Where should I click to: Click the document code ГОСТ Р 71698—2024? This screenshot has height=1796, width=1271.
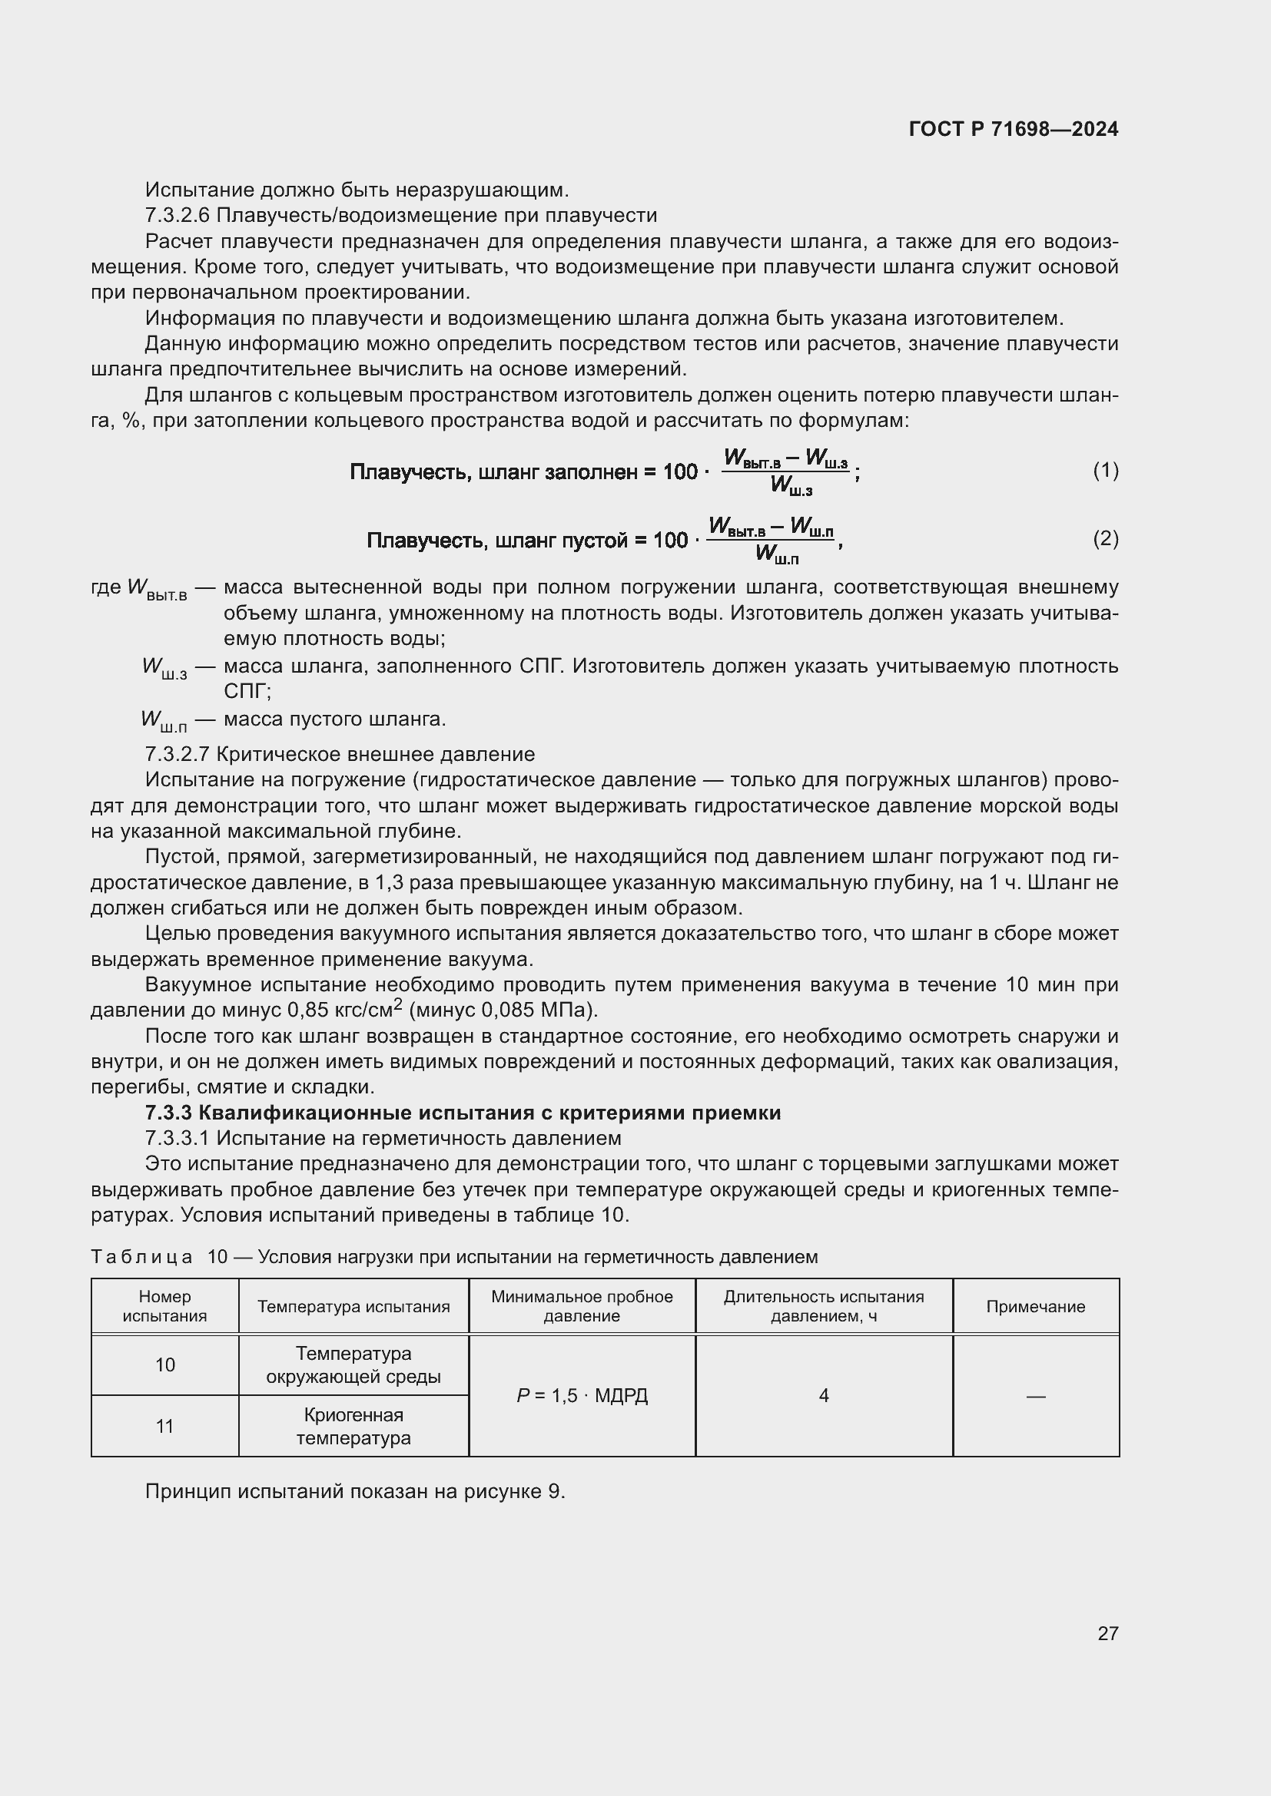coord(1013,129)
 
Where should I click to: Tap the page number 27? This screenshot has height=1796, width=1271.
coord(1107,1633)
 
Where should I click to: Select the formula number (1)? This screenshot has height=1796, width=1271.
coord(1105,470)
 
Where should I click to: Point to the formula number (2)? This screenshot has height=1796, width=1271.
coord(1105,538)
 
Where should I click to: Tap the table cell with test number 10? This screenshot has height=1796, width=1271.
coord(164,1365)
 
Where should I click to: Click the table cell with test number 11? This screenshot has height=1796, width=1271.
coord(164,1427)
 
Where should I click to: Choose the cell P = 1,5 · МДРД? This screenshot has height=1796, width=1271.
coord(582,1395)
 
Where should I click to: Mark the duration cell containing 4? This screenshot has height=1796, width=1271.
coord(823,1395)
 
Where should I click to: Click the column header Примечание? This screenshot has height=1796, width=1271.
coord(1034,1306)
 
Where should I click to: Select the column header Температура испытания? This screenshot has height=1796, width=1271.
coord(353,1306)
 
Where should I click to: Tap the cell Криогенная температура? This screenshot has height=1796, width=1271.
coord(353,1427)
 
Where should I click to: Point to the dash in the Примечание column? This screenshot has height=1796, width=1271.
coord(1034,1396)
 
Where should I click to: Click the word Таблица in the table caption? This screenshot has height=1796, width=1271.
coord(141,1257)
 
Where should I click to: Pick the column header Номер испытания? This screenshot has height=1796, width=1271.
coord(164,1306)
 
